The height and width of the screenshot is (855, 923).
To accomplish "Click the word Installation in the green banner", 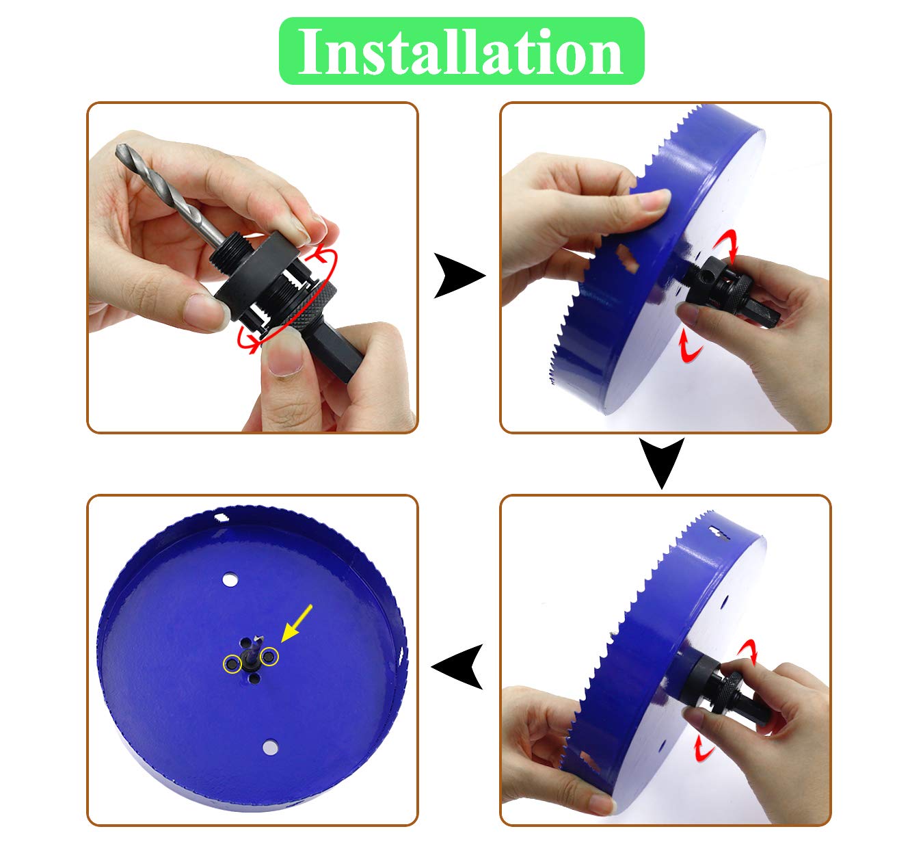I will pyautogui.click(x=461, y=52).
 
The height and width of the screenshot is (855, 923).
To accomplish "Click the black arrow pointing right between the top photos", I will pyautogui.click(x=457, y=276).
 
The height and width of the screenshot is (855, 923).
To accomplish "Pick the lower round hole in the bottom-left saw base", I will pyautogui.click(x=270, y=746).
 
